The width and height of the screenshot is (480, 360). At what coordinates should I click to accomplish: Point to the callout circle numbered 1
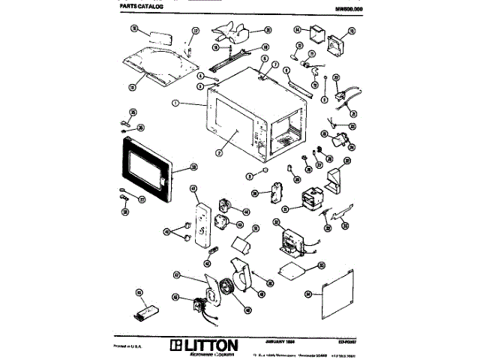coord(175,102)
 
